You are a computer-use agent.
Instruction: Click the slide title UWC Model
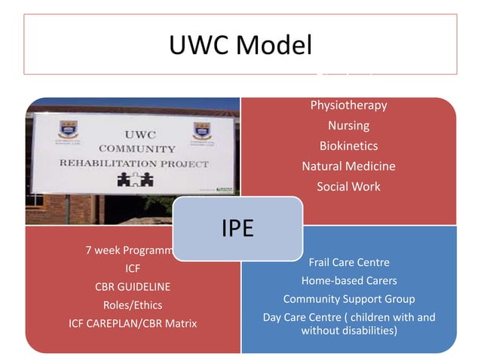click(x=240, y=45)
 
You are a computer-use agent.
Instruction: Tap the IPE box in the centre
click(x=237, y=228)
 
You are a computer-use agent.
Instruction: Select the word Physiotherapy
click(x=348, y=105)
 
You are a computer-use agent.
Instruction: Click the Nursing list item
click(x=348, y=126)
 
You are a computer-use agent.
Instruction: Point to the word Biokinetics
click(x=348, y=146)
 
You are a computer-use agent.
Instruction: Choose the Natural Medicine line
click(x=348, y=166)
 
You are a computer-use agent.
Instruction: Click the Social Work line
click(x=348, y=187)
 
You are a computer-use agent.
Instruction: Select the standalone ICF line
click(x=133, y=268)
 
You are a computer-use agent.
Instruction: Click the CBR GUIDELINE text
click(x=133, y=287)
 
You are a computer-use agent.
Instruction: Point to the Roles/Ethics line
click(x=133, y=305)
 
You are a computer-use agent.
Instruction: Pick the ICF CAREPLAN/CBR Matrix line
click(x=133, y=324)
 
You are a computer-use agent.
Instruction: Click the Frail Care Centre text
click(x=348, y=262)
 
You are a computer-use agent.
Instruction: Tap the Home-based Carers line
click(x=348, y=281)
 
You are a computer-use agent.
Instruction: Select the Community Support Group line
click(x=348, y=299)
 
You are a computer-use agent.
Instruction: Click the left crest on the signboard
click(x=69, y=130)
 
